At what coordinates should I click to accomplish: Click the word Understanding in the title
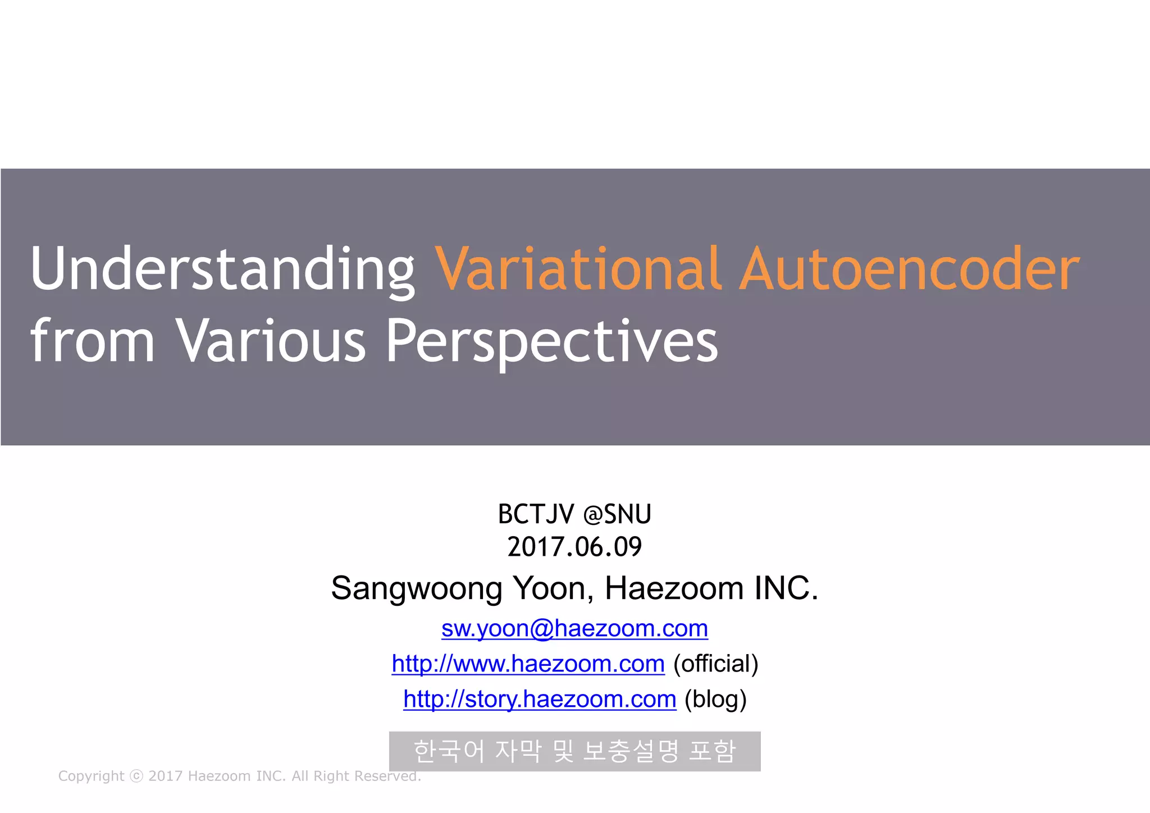(x=223, y=270)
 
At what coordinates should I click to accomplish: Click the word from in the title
(x=93, y=340)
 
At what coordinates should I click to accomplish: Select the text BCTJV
(x=536, y=514)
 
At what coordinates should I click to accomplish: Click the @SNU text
(x=617, y=514)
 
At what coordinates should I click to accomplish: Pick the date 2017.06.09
(x=574, y=547)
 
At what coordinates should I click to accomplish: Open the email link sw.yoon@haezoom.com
(x=574, y=629)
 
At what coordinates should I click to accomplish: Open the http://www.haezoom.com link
(x=528, y=664)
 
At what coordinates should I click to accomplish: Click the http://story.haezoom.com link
(x=540, y=700)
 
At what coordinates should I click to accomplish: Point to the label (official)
(x=716, y=664)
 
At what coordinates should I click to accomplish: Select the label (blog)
(x=715, y=700)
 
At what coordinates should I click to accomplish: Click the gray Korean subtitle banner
(x=574, y=751)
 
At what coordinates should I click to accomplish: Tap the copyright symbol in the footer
(x=136, y=776)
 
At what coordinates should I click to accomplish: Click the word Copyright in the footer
(x=91, y=776)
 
